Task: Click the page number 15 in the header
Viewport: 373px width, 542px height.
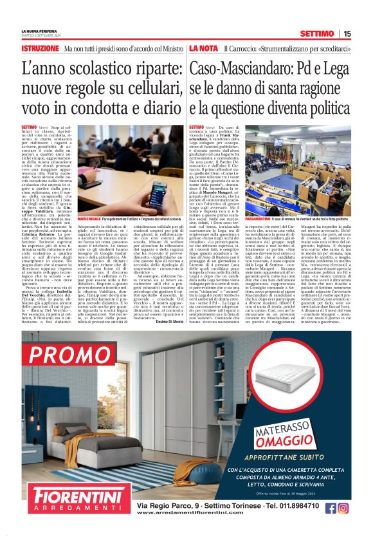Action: (347, 33)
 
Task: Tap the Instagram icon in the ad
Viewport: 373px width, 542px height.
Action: (343, 508)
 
